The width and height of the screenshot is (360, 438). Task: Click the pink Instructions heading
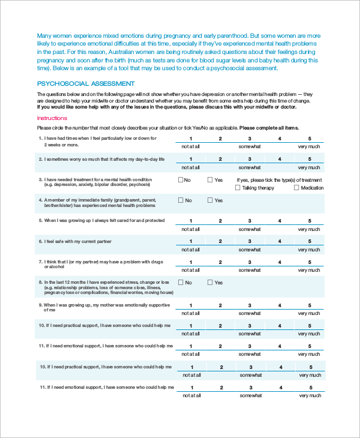(52, 118)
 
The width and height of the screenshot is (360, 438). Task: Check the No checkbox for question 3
(181, 179)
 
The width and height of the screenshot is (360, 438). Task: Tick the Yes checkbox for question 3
(211, 179)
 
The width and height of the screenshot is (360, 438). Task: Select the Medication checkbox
(296, 188)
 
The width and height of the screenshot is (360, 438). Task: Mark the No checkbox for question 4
(181, 200)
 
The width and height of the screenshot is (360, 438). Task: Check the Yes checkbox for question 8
(211, 282)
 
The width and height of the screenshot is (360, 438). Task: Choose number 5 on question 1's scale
(310, 139)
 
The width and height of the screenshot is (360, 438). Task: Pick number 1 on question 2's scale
(191, 159)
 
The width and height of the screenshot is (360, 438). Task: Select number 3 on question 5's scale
(250, 221)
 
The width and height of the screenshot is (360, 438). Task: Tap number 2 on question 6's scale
(220, 241)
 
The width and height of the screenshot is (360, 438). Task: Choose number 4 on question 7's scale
(280, 262)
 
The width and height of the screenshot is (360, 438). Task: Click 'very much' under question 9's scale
(310, 313)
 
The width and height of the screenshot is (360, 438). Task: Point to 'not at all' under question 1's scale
(191, 146)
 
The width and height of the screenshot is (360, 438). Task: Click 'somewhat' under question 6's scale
(250, 250)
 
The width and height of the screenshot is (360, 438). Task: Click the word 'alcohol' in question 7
(50, 267)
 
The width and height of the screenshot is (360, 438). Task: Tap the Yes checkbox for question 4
(211, 200)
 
